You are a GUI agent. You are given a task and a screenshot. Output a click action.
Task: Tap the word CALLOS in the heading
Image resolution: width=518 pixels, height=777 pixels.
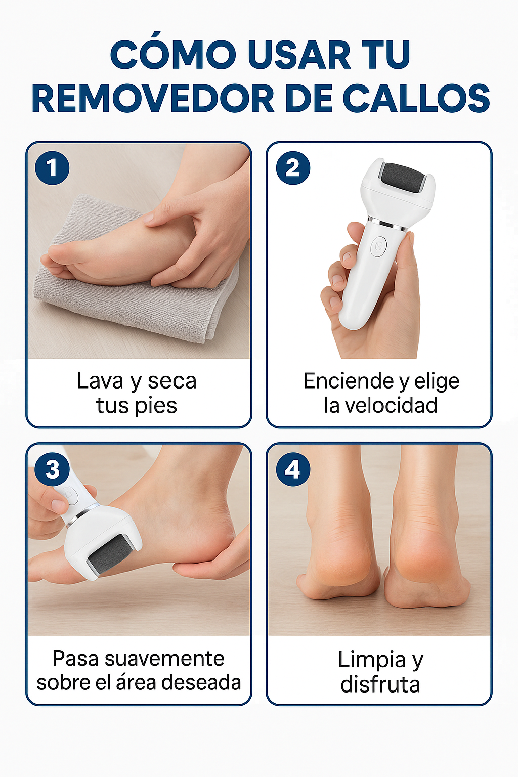(416, 98)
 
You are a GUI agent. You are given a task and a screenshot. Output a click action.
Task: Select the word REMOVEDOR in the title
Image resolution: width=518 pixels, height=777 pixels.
(153, 98)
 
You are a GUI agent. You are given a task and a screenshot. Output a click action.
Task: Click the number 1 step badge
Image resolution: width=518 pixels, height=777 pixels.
(52, 168)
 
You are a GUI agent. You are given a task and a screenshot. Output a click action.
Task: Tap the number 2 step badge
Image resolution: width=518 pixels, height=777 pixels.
(293, 168)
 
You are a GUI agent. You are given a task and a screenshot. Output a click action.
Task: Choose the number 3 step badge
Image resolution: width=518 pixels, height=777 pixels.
(52, 469)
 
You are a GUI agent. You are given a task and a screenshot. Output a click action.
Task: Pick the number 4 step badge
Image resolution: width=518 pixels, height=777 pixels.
(293, 469)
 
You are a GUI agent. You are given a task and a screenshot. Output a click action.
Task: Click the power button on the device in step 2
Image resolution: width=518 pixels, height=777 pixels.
(378, 246)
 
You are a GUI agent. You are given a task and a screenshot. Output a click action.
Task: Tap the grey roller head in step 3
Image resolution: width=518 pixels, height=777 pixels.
(110, 554)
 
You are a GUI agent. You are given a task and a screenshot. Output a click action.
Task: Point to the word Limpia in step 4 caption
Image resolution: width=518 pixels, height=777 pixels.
(371, 660)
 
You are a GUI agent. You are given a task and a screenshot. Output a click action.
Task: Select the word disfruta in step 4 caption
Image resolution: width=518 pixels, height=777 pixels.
(380, 684)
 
